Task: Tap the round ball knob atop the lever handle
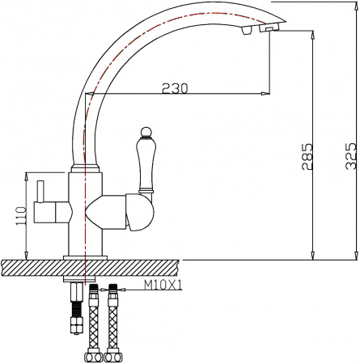pos(146,131)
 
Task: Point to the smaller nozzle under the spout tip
pos(244,32)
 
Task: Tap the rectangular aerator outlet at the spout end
pos(266,28)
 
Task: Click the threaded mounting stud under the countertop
pos(75,303)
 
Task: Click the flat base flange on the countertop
pos(84,256)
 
